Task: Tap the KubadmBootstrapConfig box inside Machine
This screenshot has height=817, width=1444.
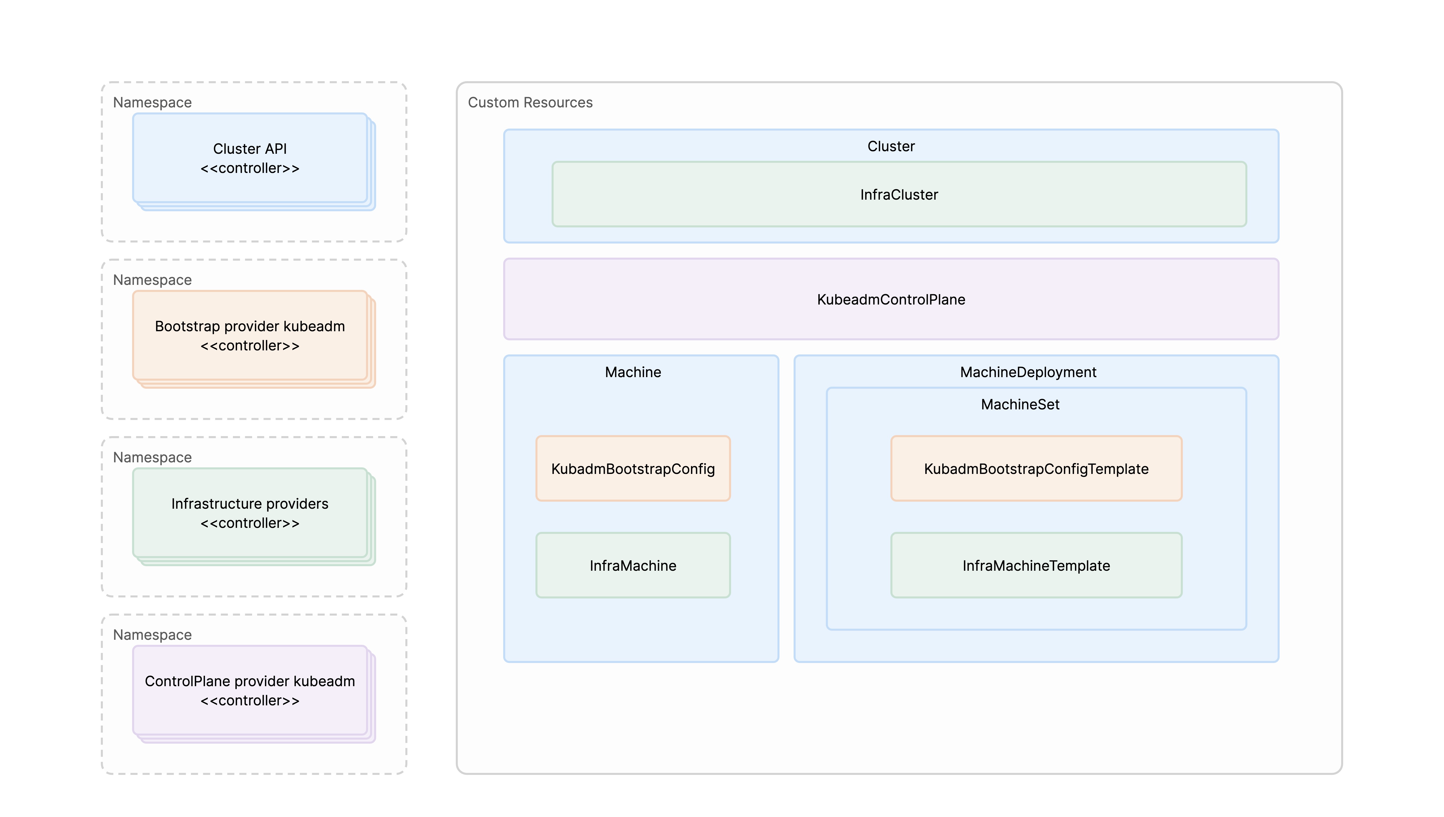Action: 633,469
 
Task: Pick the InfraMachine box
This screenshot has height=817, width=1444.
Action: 633,566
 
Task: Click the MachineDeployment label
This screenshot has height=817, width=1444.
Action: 1028,372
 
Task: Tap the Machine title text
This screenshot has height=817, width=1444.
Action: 633,372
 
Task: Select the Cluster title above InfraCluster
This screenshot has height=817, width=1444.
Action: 891,146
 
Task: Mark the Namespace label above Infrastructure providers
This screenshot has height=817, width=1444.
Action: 152,457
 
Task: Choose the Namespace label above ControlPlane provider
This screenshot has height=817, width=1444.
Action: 152,635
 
